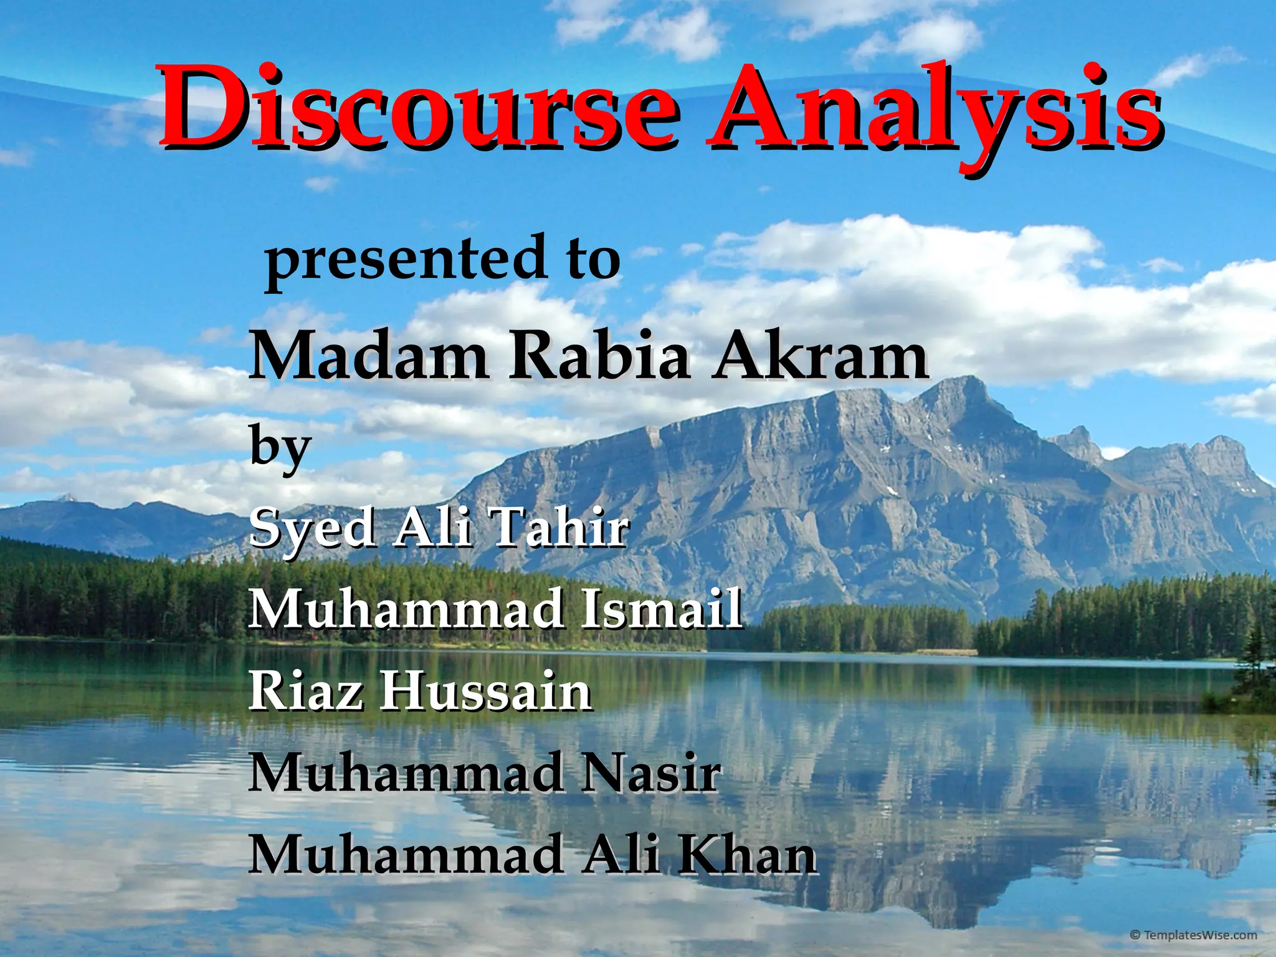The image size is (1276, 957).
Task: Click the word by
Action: [280, 447]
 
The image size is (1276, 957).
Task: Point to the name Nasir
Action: [650, 773]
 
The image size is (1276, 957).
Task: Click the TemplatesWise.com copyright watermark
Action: [1202, 935]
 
